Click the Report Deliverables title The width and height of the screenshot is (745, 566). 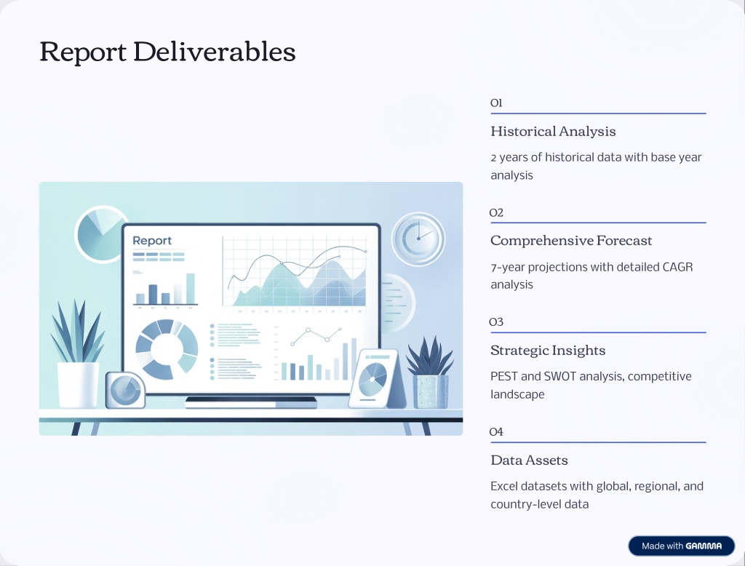[x=167, y=52]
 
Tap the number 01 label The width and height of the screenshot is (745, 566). [x=496, y=103]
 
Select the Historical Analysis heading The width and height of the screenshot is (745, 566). [x=553, y=131]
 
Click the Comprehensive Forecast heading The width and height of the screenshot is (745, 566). [x=571, y=241]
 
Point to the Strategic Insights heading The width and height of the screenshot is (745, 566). [x=548, y=350]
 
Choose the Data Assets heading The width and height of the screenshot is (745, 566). [x=530, y=460]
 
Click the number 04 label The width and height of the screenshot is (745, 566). [x=496, y=431]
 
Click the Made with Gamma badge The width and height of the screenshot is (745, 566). [x=681, y=546]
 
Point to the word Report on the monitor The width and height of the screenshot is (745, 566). [x=152, y=241]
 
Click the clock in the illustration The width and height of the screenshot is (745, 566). [x=418, y=239]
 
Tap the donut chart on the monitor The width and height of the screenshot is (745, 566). [x=167, y=349]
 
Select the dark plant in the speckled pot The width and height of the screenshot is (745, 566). [x=429, y=372]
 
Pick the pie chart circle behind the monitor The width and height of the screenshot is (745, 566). [x=100, y=234]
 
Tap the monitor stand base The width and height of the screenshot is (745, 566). [x=251, y=402]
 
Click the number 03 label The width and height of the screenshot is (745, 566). [x=496, y=322]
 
